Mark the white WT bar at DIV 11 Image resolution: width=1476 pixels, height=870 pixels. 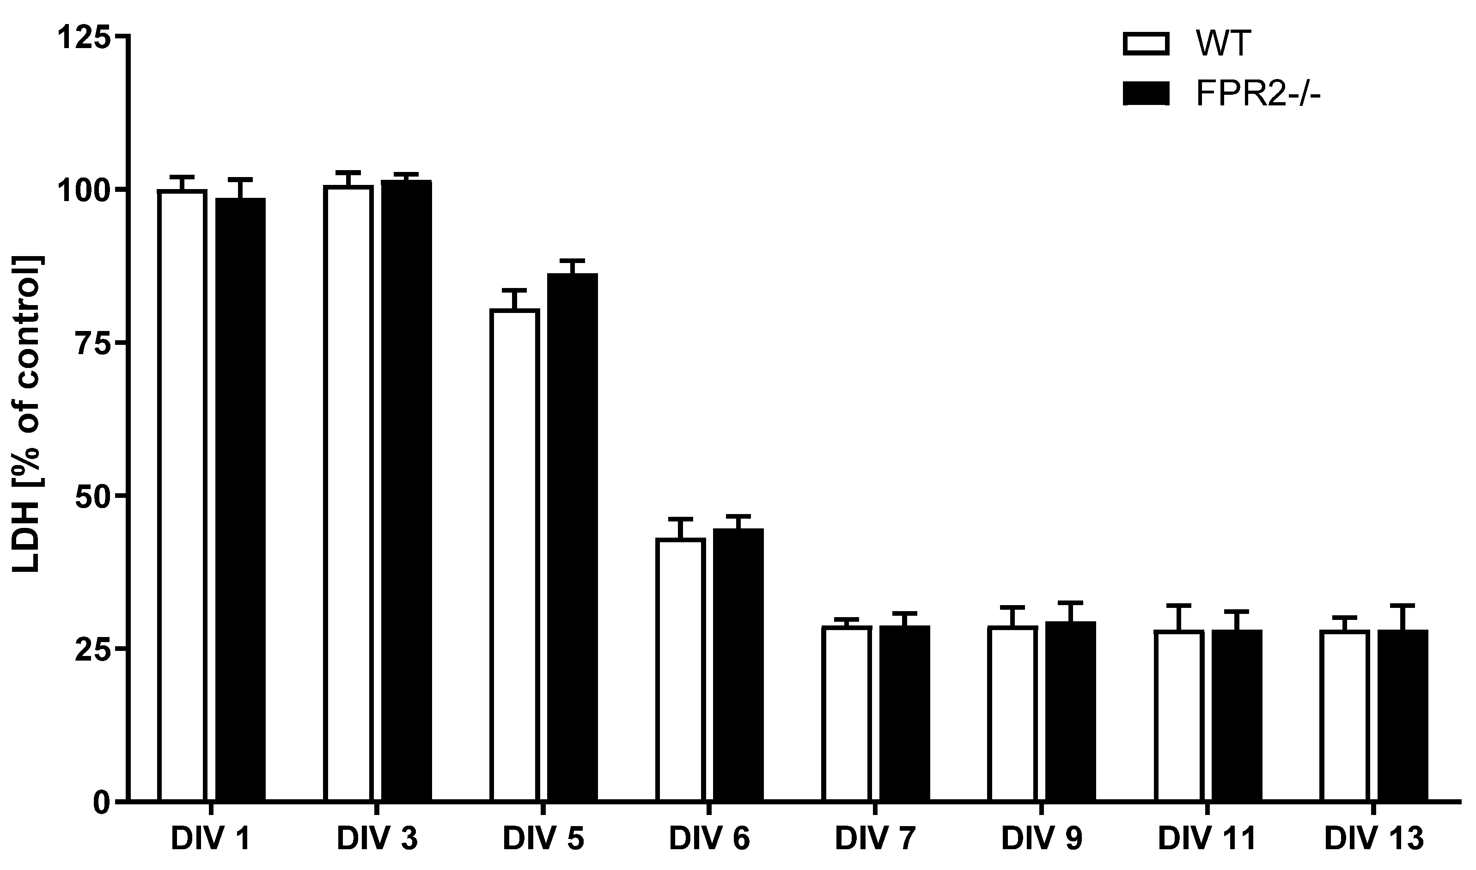(x=1179, y=715)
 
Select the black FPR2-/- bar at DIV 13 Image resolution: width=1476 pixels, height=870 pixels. (x=1403, y=715)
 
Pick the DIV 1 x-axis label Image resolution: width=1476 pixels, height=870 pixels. (x=211, y=840)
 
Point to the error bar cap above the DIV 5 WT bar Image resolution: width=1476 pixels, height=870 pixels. (x=514, y=290)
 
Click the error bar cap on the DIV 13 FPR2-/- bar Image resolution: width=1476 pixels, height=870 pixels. (x=1403, y=605)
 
